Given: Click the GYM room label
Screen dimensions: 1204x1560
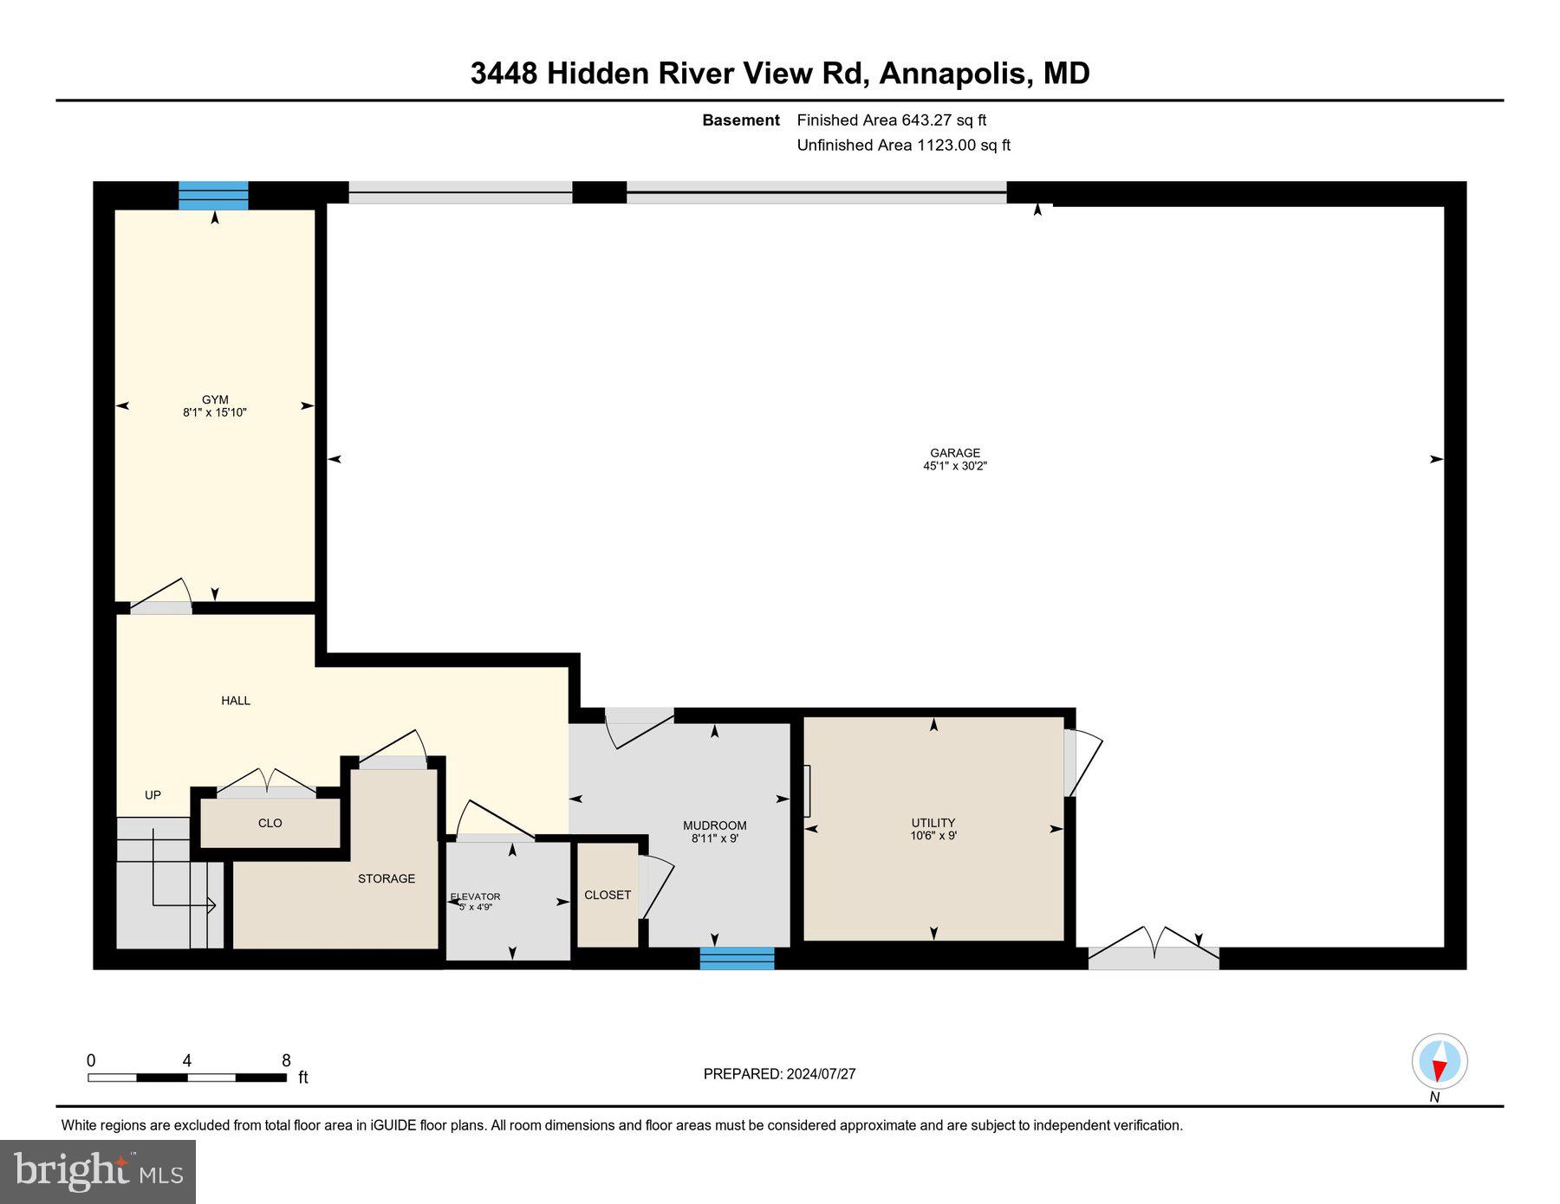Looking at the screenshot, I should click(x=215, y=406).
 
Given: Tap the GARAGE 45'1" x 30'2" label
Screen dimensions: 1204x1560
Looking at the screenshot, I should click(x=954, y=459).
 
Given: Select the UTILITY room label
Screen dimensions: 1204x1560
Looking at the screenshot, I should click(x=933, y=829).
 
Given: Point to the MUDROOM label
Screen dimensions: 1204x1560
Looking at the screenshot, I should click(x=714, y=832).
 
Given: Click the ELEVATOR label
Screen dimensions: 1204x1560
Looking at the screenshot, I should click(x=475, y=901).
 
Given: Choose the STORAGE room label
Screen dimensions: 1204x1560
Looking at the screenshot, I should click(x=387, y=878).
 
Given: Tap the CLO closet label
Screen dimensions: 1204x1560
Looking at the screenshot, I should click(x=270, y=823).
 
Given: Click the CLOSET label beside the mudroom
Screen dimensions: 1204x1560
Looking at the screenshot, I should click(x=608, y=895).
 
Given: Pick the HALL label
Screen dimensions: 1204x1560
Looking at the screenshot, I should click(x=236, y=700).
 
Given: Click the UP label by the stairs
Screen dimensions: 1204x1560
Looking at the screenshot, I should click(x=153, y=794).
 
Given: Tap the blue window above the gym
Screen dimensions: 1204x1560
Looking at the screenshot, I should click(x=213, y=196).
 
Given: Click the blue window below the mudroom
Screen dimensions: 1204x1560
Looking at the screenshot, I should click(x=737, y=958).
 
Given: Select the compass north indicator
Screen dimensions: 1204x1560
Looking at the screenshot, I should click(x=1439, y=1062).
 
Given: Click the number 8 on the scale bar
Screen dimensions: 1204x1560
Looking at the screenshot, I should click(x=286, y=1060).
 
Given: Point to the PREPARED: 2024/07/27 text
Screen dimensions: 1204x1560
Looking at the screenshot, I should click(x=779, y=1073).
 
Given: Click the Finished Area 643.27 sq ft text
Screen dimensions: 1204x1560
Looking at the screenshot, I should click(x=891, y=120).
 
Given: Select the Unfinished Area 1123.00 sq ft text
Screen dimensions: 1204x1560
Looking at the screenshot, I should click(x=903, y=145).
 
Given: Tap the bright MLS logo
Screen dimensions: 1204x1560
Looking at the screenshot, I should click(x=98, y=1171).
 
